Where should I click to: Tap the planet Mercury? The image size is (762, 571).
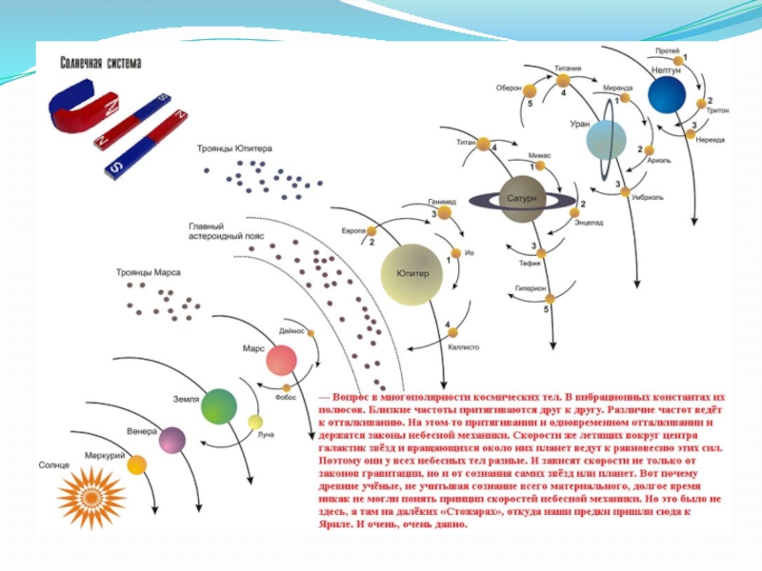pyautogui.click(x=136, y=464)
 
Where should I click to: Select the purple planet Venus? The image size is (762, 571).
pyautogui.click(x=171, y=439)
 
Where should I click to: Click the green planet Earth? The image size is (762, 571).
pyautogui.click(x=217, y=405)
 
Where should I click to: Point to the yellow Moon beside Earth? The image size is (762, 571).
pyautogui.click(x=254, y=422)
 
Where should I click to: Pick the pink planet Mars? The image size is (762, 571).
pyautogui.click(x=281, y=361)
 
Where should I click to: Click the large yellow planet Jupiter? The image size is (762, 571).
pyautogui.click(x=412, y=274)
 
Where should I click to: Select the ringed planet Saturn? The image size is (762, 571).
pyautogui.click(x=521, y=199)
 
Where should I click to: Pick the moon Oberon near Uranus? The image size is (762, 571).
pyautogui.click(x=531, y=89)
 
